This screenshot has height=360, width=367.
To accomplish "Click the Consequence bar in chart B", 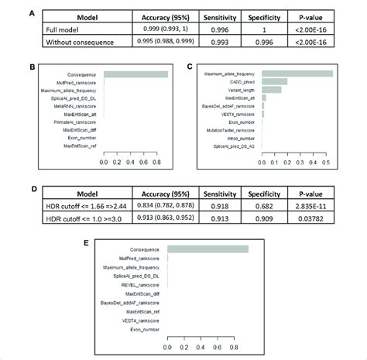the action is (135, 74).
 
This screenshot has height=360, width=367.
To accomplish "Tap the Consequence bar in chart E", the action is (208, 249).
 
